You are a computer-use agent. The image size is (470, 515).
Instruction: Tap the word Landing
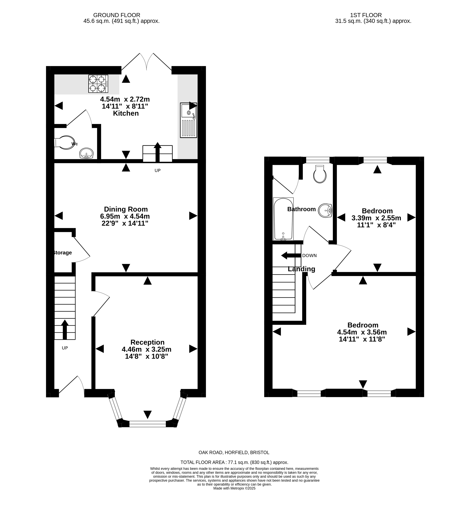click(x=301, y=269)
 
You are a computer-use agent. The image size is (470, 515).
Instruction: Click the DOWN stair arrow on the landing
click(x=291, y=255)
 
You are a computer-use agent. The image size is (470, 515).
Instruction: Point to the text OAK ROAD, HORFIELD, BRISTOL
click(x=234, y=452)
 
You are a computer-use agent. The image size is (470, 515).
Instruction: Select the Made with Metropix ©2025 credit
click(x=234, y=488)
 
